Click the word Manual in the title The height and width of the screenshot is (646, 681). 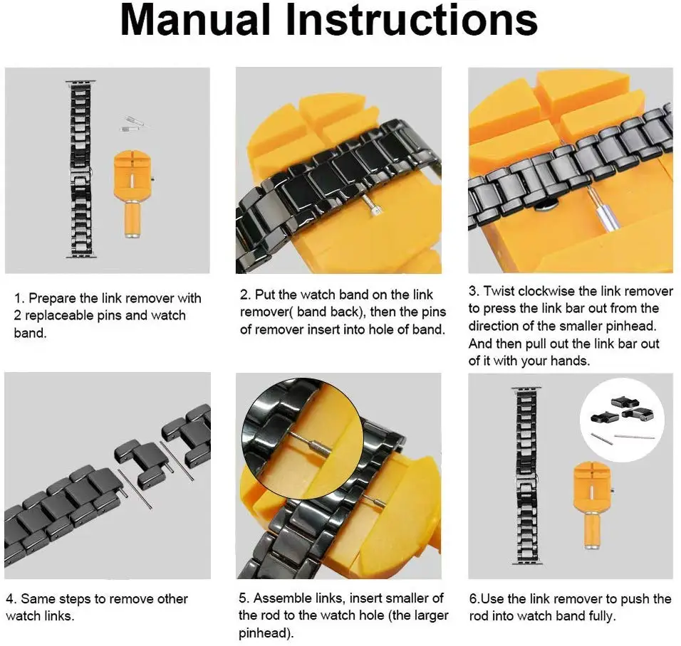coord(195,19)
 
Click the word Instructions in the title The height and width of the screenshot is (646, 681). coord(412,19)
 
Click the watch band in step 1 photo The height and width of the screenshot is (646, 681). coord(80,169)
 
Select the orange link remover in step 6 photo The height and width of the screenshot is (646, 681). coord(591,505)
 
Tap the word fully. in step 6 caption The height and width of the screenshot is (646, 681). coord(602,616)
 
